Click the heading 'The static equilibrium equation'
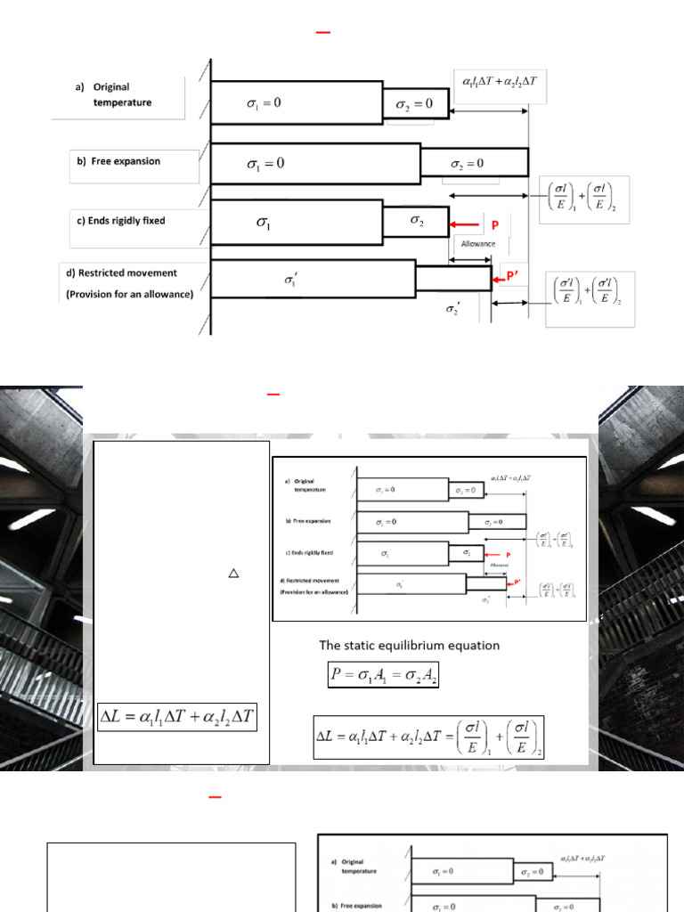click(x=410, y=645)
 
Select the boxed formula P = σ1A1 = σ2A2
click(x=383, y=678)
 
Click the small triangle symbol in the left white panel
click(x=233, y=574)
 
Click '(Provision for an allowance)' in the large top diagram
click(x=130, y=294)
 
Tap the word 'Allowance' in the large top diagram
click(x=478, y=243)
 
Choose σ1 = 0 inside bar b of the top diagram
click(x=265, y=164)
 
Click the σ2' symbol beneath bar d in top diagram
click(x=452, y=309)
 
